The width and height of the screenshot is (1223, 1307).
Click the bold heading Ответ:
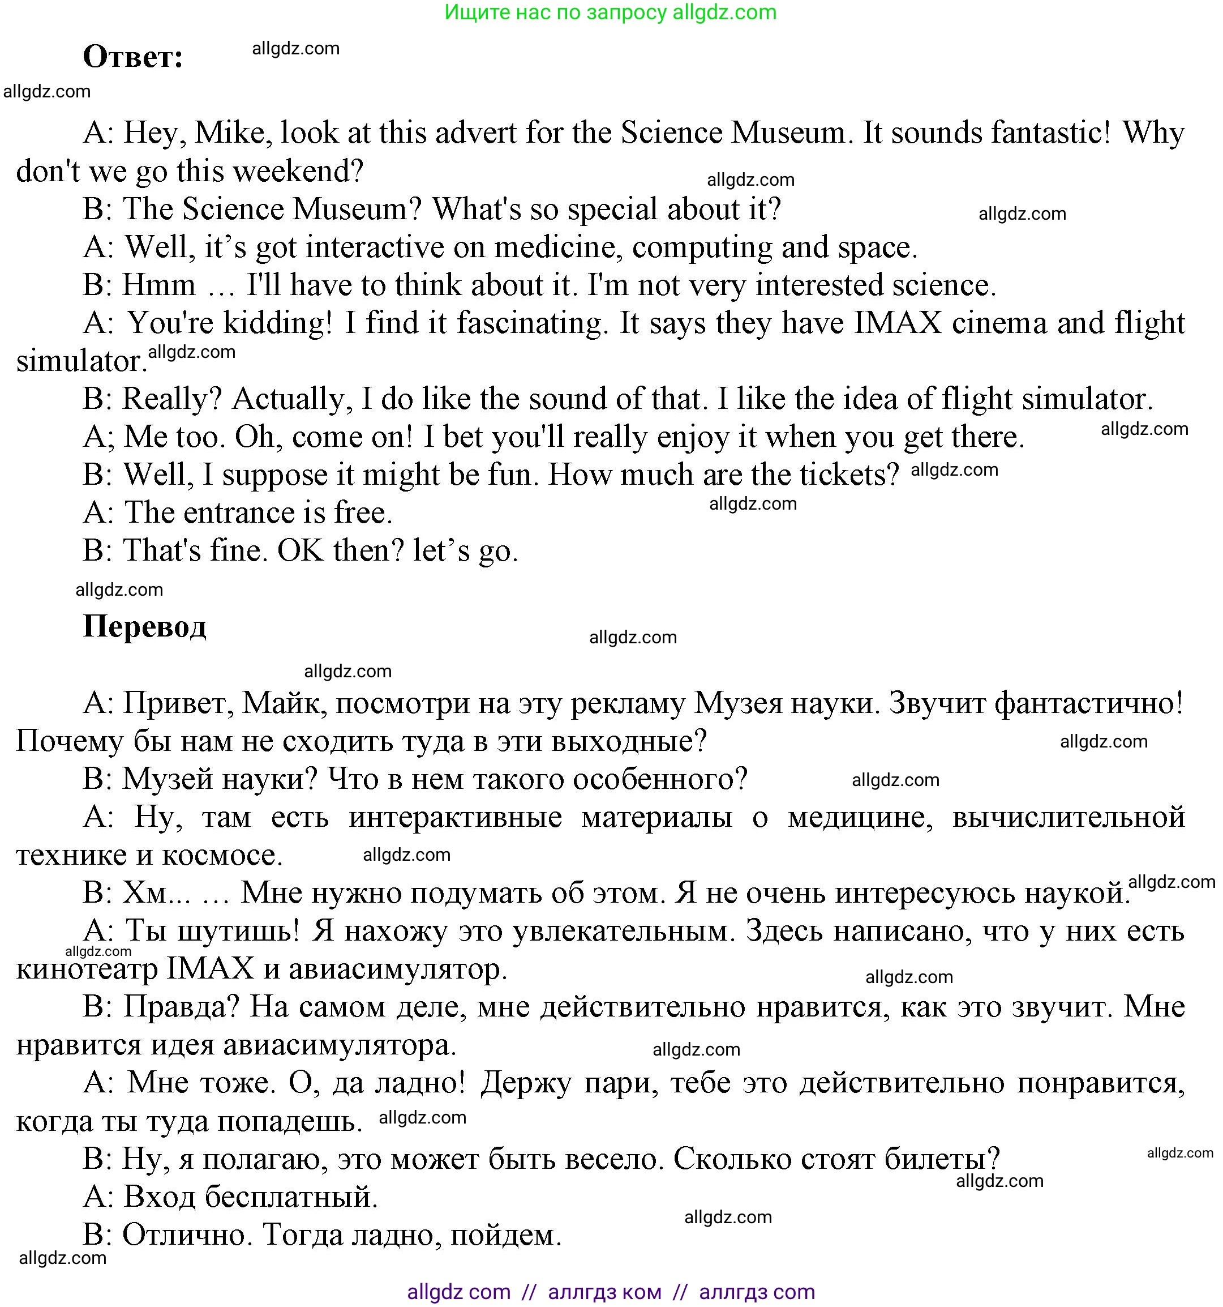(x=133, y=57)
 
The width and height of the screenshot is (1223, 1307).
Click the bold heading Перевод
(x=144, y=626)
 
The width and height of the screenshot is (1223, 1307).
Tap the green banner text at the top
(x=611, y=12)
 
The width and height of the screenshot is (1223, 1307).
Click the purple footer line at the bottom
(x=611, y=1292)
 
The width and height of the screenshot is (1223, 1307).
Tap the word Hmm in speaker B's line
(x=159, y=286)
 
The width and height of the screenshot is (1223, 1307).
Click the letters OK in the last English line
(x=301, y=552)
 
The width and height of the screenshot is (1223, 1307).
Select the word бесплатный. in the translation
(x=292, y=1197)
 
